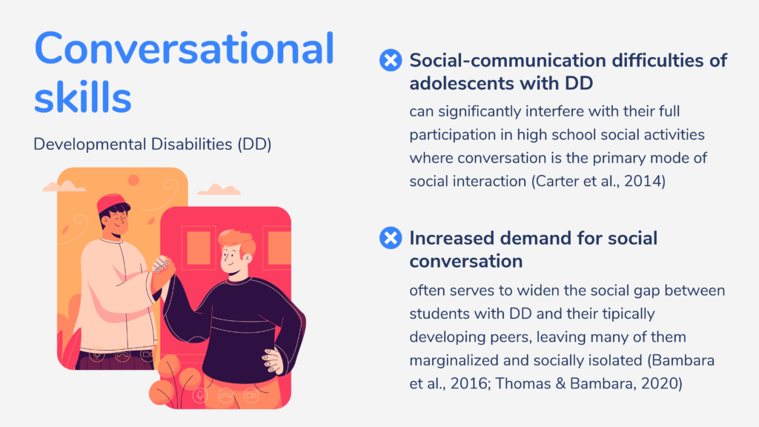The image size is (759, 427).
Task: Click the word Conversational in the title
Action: (x=184, y=48)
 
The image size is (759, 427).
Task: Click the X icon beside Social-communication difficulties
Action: (x=391, y=61)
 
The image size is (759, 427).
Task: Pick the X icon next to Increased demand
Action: (x=391, y=238)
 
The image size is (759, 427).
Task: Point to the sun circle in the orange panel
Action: (x=133, y=181)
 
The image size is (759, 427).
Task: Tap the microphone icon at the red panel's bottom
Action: (x=200, y=396)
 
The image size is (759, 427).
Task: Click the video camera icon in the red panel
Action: (x=251, y=396)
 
